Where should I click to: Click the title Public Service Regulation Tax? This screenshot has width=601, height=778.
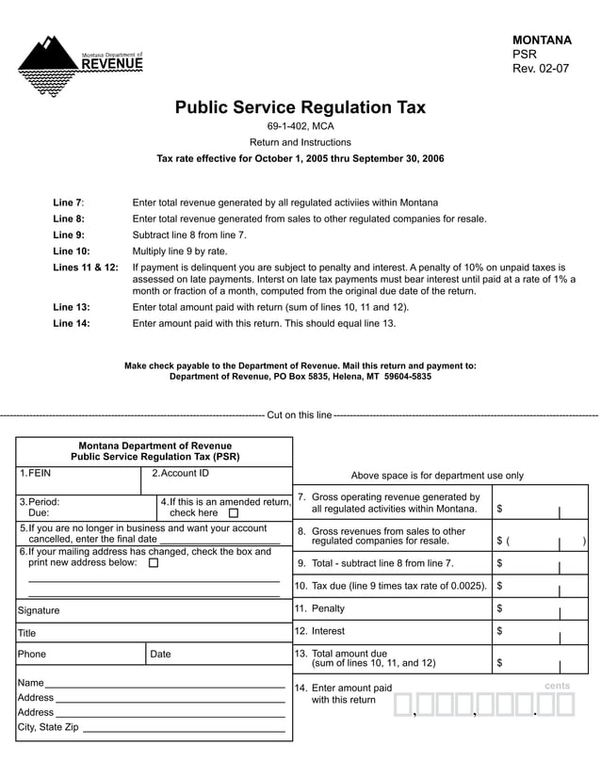tap(300, 107)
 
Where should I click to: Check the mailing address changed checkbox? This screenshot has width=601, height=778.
tap(154, 563)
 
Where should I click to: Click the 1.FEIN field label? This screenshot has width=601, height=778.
tap(34, 473)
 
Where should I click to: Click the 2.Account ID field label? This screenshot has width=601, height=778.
tap(180, 473)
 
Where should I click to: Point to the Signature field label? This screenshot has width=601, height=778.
tap(39, 610)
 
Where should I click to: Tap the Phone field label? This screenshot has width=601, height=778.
tap(32, 654)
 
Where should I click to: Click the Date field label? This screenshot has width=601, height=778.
tap(161, 654)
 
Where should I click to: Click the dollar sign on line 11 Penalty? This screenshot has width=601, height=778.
tap(499, 609)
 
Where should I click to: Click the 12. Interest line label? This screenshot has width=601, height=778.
tap(319, 631)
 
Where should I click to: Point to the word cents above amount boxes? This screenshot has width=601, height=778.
tap(557, 686)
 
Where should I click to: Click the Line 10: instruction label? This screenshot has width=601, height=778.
tap(72, 251)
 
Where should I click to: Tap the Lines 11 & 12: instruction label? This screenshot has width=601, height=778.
tap(85, 267)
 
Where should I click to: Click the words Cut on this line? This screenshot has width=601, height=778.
tap(300, 414)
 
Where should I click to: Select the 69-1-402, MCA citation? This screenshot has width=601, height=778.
tap(300, 126)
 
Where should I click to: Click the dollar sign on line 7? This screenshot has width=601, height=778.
tap(499, 509)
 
